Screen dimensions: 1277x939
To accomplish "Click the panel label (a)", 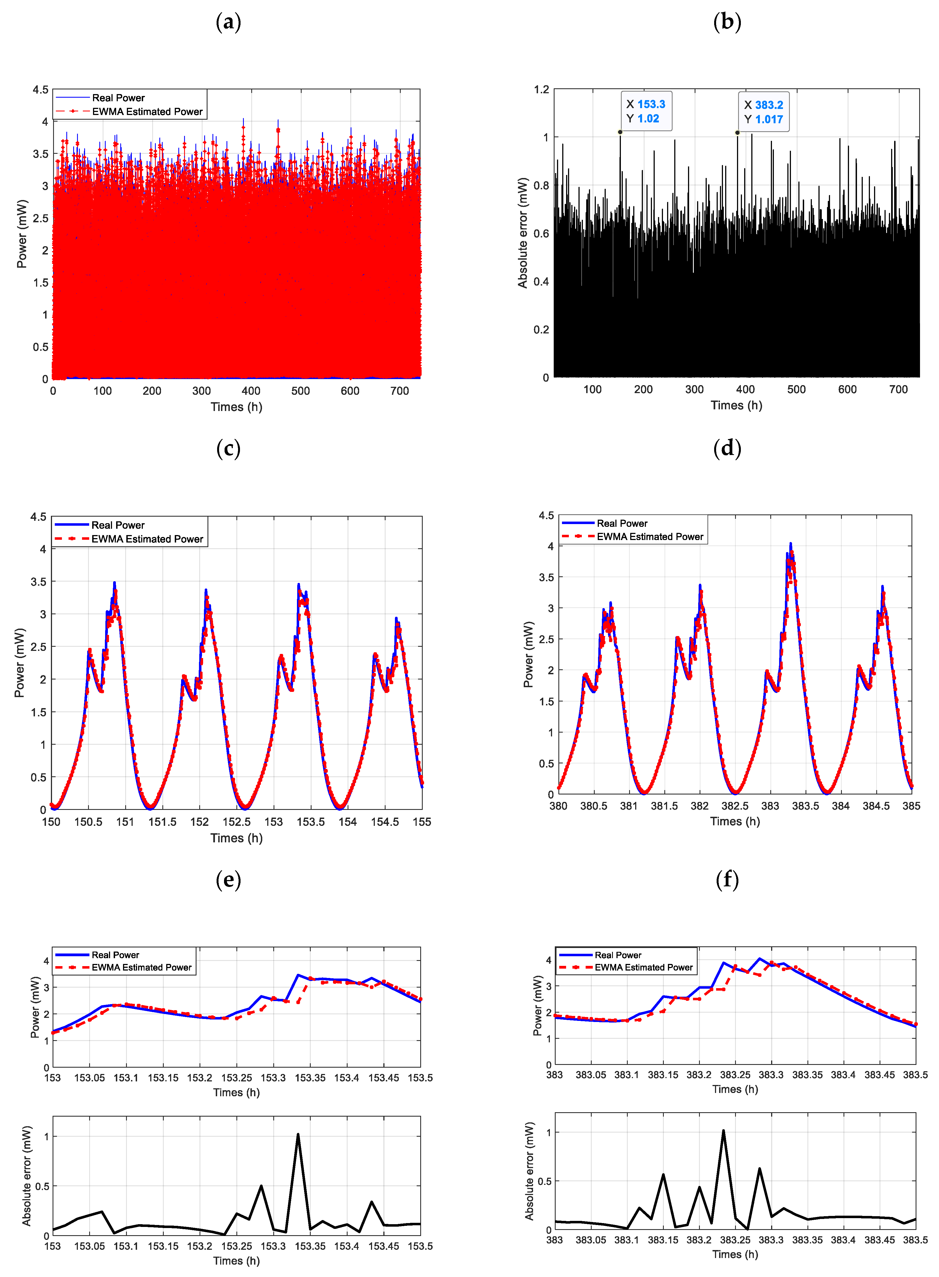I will pyautogui.click(x=228, y=22).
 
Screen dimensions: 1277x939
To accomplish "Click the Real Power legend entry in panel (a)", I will pyautogui.click(x=118, y=98).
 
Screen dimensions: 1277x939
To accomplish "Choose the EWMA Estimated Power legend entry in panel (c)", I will pyautogui.click(x=147, y=539).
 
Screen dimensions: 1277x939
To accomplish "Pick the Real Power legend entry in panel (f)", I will pyautogui.click(x=618, y=955).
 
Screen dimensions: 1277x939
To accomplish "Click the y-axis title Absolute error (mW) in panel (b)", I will pyautogui.click(x=522, y=233).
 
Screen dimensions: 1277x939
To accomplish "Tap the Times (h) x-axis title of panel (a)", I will pyautogui.click(x=236, y=407).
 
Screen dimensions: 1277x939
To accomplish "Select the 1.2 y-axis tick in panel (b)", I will pyautogui.click(x=541, y=90).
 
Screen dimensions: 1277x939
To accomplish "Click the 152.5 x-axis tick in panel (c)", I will pyautogui.click(x=236, y=822).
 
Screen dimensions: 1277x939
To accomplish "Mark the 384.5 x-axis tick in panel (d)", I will pyautogui.click(x=876, y=806).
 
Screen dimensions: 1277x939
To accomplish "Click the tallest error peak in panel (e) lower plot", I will pyautogui.click(x=298, y=1134).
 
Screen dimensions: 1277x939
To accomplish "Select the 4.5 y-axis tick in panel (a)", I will pyautogui.click(x=40, y=90).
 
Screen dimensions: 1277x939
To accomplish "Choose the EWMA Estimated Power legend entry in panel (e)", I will pyautogui.click(x=141, y=968).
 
